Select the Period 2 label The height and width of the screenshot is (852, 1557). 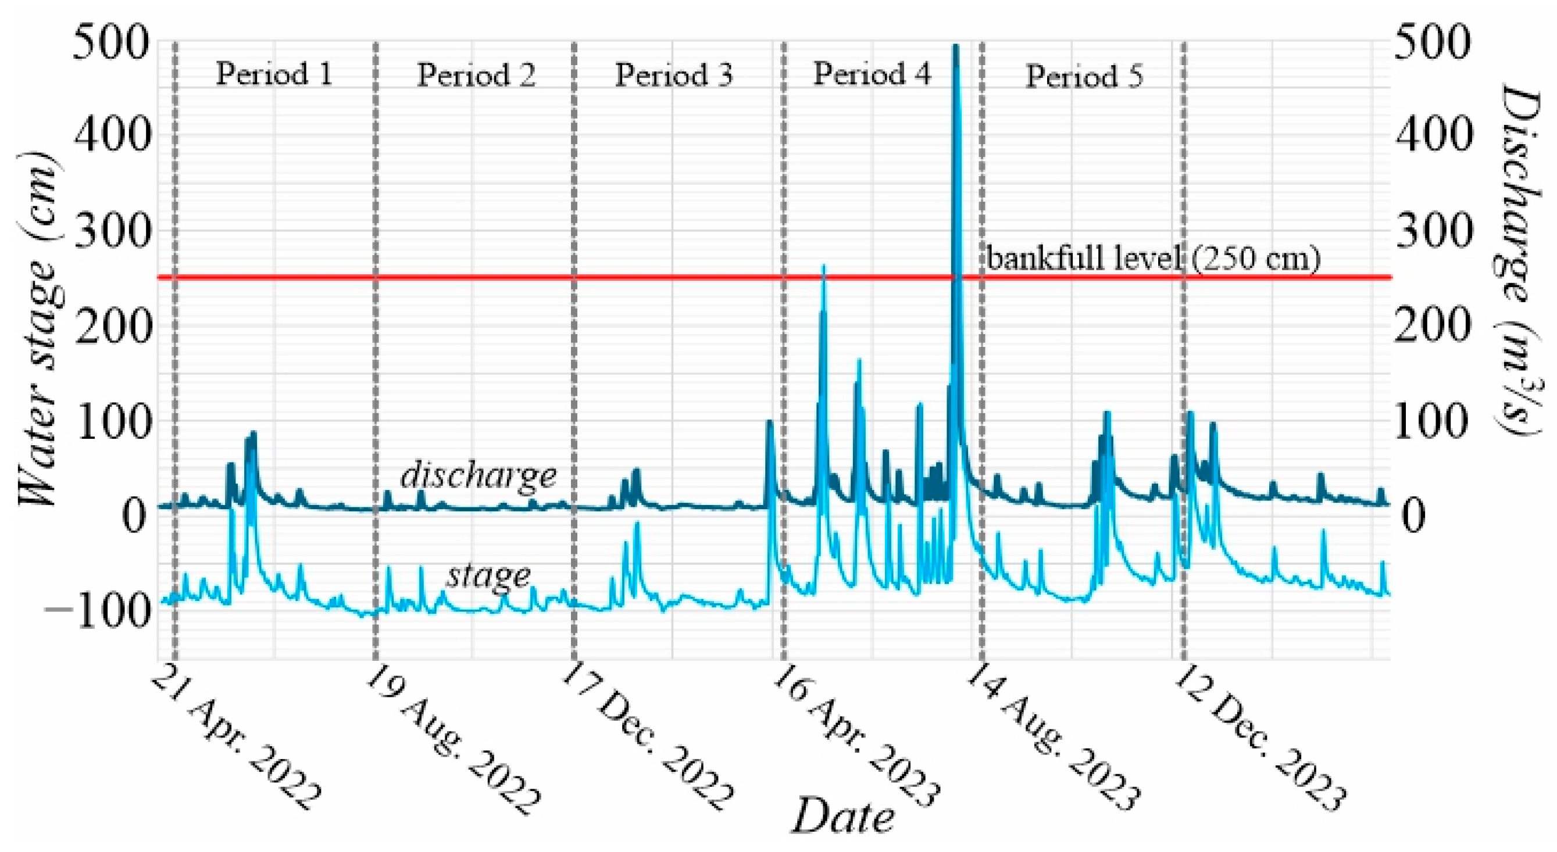tap(476, 76)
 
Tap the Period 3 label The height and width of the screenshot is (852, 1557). tap(673, 76)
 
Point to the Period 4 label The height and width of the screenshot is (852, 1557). tap(872, 74)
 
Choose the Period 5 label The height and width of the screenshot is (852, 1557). tap(1084, 77)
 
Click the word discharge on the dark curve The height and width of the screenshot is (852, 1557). tap(478, 475)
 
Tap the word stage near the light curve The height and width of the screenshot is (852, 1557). tap(488, 575)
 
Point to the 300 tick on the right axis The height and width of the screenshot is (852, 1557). tap(1433, 231)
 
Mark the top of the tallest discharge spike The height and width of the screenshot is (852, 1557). tap(956, 46)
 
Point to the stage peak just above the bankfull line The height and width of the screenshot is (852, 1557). tap(823, 266)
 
